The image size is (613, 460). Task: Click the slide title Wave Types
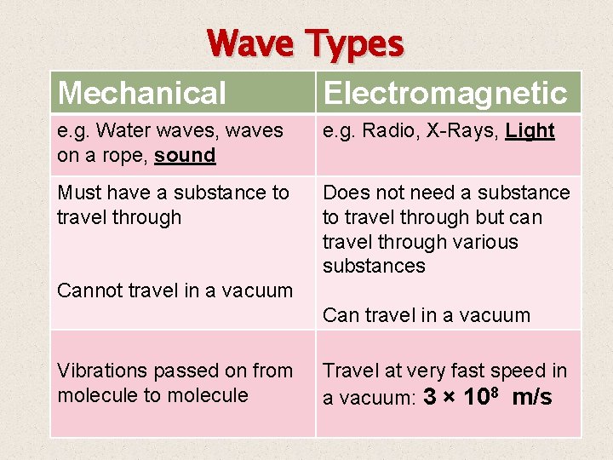(305, 44)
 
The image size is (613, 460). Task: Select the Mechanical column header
(142, 93)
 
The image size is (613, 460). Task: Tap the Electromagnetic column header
(446, 93)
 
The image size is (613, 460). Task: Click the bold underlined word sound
(185, 155)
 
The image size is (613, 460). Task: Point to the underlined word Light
(530, 130)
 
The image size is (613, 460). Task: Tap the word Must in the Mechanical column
(77, 193)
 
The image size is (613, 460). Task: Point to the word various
(486, 242)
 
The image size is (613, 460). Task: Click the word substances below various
(373, 266)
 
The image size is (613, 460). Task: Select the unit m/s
(532, 397)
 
